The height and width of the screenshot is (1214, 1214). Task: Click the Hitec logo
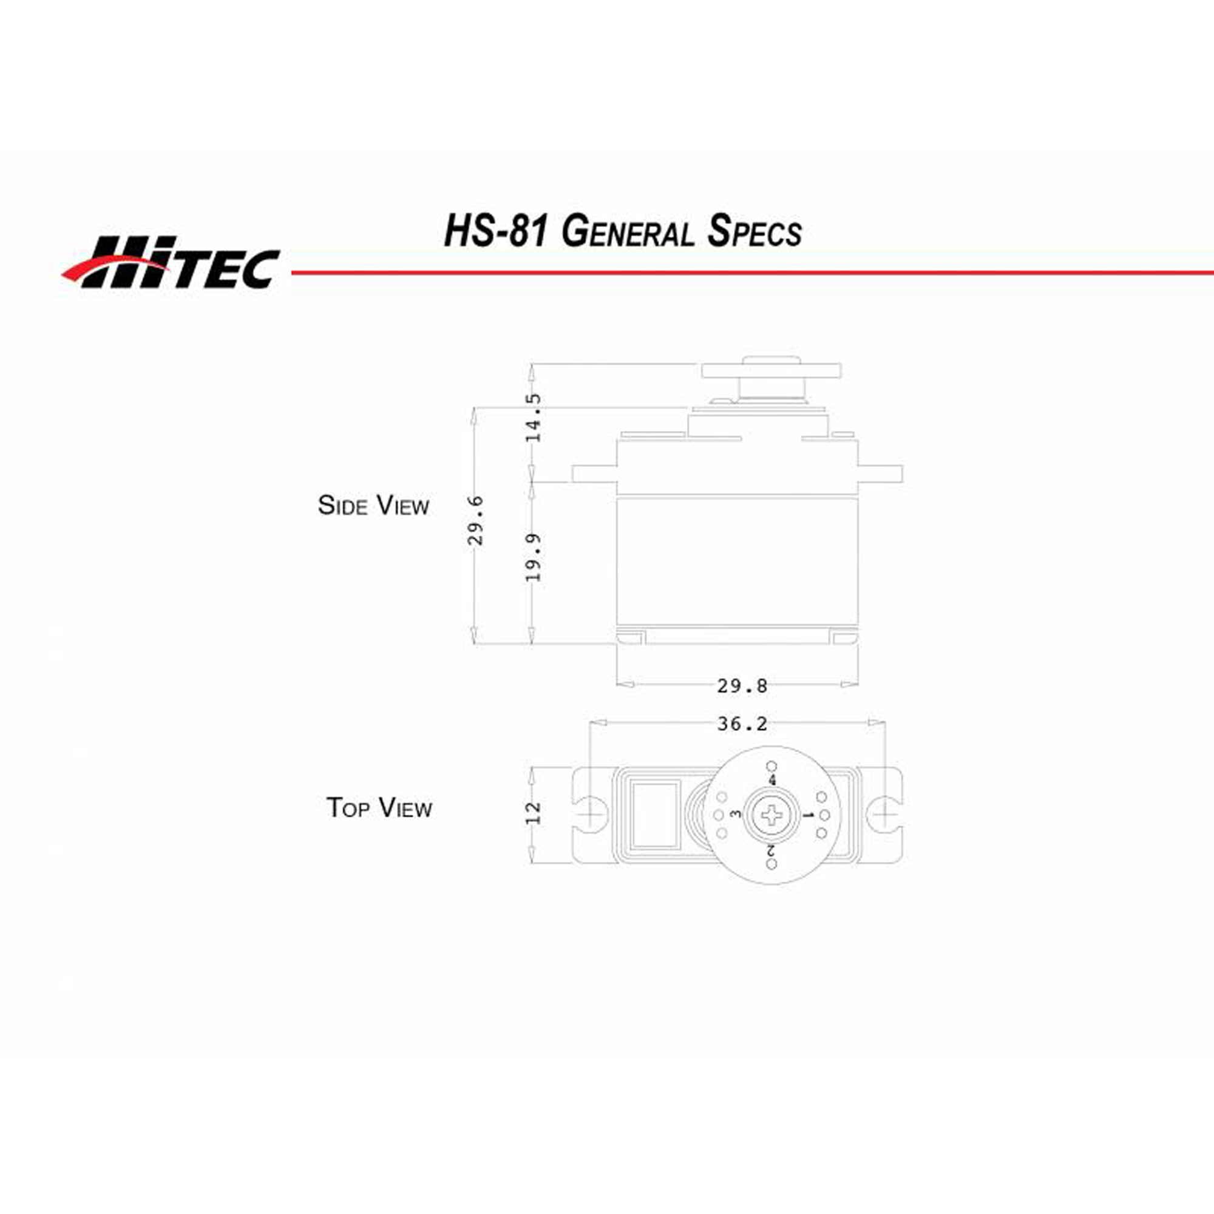click(171, 263)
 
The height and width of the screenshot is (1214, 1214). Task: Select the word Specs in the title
click(754, 231)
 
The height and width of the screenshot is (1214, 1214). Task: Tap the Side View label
click(373, 505)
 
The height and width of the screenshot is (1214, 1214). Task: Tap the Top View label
click(379, 807)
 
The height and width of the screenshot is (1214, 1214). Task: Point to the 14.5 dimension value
click(533, 418)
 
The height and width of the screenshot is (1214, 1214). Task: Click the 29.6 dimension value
click(476, 520)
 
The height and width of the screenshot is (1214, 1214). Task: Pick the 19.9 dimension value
click(533, 557)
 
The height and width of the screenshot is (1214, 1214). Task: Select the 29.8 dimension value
click(742, 685)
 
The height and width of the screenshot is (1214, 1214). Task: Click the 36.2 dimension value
click(742, 724)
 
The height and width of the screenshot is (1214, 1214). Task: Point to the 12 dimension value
click(533, 813)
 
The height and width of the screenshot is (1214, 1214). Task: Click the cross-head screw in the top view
click(772, 816)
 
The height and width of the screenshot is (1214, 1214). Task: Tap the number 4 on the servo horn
click(772, 781)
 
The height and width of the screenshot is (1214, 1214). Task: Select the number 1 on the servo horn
click(809, 816)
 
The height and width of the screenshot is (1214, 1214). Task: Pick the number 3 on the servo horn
click(736, 815)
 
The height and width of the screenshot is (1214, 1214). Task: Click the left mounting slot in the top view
click(591, 815)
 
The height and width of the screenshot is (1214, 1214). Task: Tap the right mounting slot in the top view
click(883, 815)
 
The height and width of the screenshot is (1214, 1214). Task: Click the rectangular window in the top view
click(655, 815)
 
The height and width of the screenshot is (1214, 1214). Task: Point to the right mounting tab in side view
click(880, 474)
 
